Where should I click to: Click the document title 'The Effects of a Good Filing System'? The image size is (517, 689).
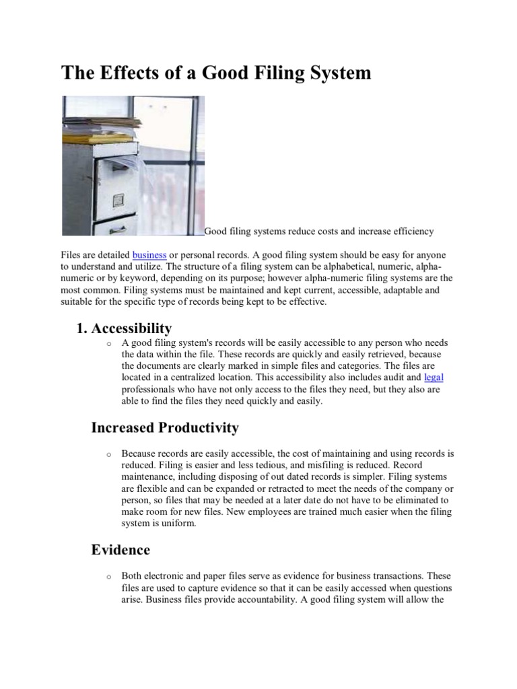216,73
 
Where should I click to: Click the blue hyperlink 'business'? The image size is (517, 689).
149,255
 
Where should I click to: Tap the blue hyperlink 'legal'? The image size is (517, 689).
434,377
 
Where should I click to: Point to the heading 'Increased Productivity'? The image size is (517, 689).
165,427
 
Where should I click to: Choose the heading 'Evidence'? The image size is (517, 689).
120,550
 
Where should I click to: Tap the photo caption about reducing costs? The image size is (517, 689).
319,231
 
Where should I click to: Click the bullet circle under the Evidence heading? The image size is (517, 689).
108,577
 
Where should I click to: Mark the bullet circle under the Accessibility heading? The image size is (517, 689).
108,344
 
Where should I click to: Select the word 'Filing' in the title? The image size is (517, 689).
273,73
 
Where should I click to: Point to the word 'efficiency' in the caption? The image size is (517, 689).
413,231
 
